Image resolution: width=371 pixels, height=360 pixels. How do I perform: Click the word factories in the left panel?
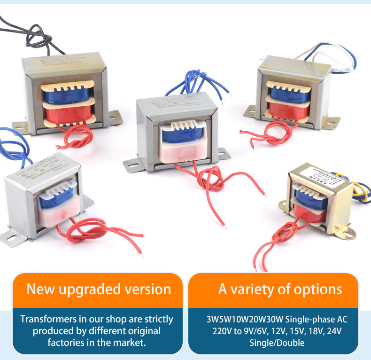coord(70,343)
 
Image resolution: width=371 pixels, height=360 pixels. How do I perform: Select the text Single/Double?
coord(277,343)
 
